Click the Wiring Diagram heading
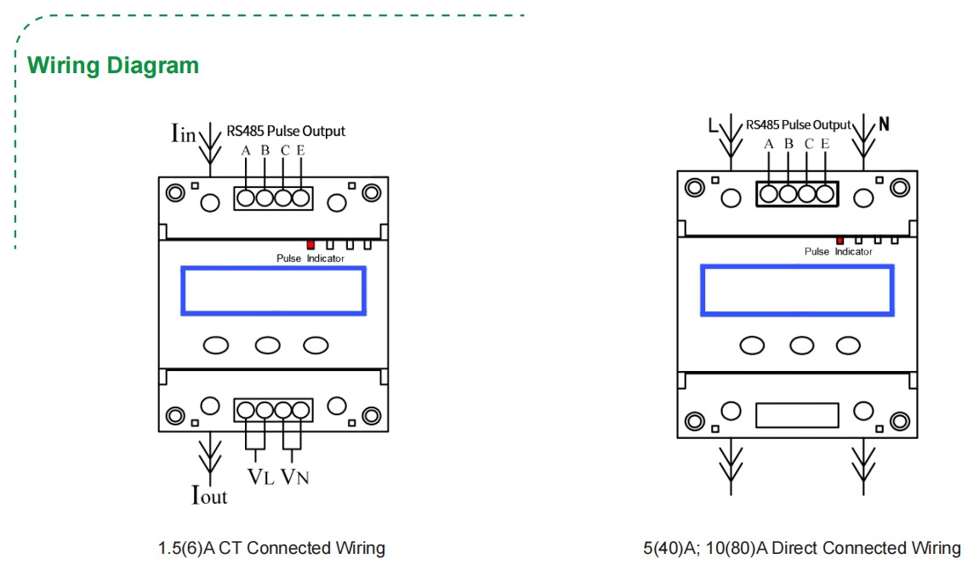point(113,66)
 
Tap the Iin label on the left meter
point(183,133)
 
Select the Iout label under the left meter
point(209,494)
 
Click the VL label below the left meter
point(261,476)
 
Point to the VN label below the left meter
point(294,476)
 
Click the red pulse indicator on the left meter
point(310,244)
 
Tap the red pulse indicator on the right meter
point(840,240)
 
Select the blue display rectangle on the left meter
point(273,291)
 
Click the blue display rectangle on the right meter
point(797,289)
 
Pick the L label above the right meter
point(713,126)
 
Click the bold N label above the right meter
point(884,124)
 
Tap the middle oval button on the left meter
point(268,345)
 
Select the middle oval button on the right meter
point(801,345)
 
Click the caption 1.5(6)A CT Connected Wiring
point(271,548)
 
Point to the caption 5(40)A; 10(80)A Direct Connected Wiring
point(801,548)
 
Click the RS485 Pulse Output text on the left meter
point(286,131)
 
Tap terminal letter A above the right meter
point(769,144)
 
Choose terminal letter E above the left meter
point(301,151)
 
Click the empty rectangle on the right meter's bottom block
point(796,415)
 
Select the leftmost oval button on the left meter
point(217,345)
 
